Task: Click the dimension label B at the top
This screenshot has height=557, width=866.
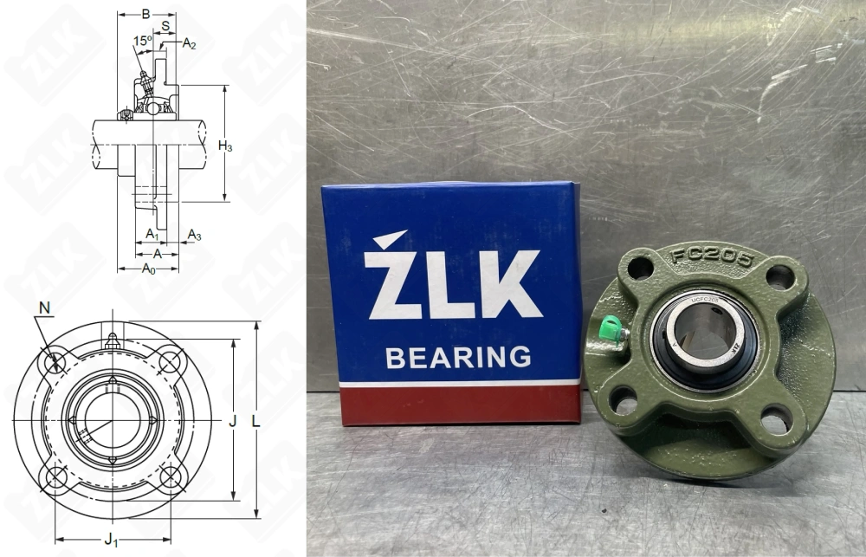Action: [x=145, y=13]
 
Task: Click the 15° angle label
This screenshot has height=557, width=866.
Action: [x=142, y=41]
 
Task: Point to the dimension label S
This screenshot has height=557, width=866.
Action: [x=165, y=26]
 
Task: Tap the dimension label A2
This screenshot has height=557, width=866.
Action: [x=189, y=44]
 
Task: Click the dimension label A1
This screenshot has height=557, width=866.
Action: [x=152, y=234]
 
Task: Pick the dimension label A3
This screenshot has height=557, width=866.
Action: [x=195, y=235]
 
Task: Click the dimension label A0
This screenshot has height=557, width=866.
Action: [x=148, y=269]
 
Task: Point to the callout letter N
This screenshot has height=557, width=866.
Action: [x=44, y=308]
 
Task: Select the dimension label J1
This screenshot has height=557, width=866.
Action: [x=111, y=540]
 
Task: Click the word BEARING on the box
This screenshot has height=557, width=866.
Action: [x=458, y=357]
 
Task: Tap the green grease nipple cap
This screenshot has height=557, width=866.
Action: [x=610, y=330]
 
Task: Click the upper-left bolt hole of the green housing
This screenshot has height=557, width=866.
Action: [x=640, y=269]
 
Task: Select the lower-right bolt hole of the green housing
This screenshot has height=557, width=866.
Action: [x=776, y=421]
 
